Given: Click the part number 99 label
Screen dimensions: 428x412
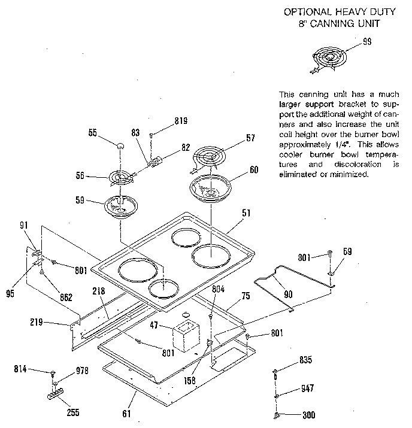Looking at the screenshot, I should (367, 41).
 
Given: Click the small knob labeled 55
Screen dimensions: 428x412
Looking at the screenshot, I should (120, 145).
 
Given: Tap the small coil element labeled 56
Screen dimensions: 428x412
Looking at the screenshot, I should (122, 178).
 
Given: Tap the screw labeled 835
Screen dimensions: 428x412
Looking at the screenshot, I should (275, 374).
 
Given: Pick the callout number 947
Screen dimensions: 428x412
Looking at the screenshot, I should (307, 388).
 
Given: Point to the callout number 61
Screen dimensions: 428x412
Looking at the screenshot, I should (126, 412).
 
